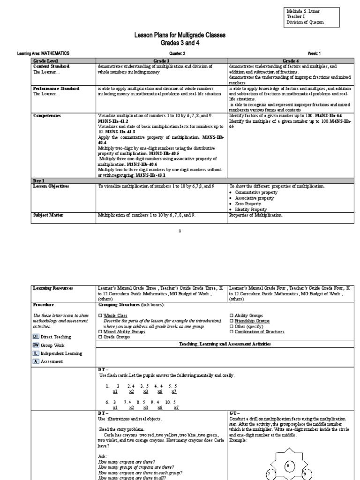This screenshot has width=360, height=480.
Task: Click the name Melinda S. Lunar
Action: pyautogui.click(x=300, y=11)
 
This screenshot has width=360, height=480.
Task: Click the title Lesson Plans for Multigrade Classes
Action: pyautogui.click(x=180, y=36)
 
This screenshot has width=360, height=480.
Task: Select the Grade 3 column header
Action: pyautogui.click(x=161, y=61)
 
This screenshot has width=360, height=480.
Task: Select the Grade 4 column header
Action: pyautogui.click(x=290, y=61)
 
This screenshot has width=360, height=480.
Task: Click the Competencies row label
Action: pyautogui.click(x=47, y=115)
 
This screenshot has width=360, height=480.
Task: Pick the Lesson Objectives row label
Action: pyautogui.click(x=51, y=186)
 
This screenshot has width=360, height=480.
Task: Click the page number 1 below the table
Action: pyautogui.click(x=180, y=231)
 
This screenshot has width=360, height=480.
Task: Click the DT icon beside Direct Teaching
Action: pyautogui.click(x=36, y=337)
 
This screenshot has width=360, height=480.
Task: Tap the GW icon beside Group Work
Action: pyautogui.click(x=36, y=345)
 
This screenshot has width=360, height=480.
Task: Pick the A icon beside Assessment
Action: pyautogui.click(x=35, y=361)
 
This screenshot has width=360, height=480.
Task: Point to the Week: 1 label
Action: pyautogui.click(x=314, y=53)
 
